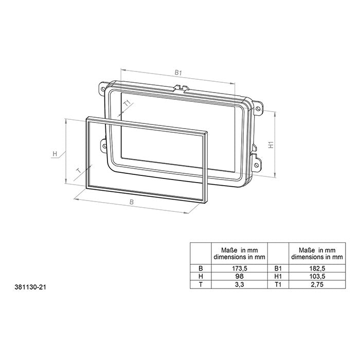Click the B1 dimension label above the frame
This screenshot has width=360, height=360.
[x=177, y=74]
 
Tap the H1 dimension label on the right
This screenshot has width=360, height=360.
[x=271, y=146]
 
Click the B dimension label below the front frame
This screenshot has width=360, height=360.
[x=132, y=203]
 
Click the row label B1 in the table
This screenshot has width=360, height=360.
[x=278, y=268]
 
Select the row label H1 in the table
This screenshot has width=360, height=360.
[x=278, y=276]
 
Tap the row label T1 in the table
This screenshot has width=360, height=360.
[x=278, y=284]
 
